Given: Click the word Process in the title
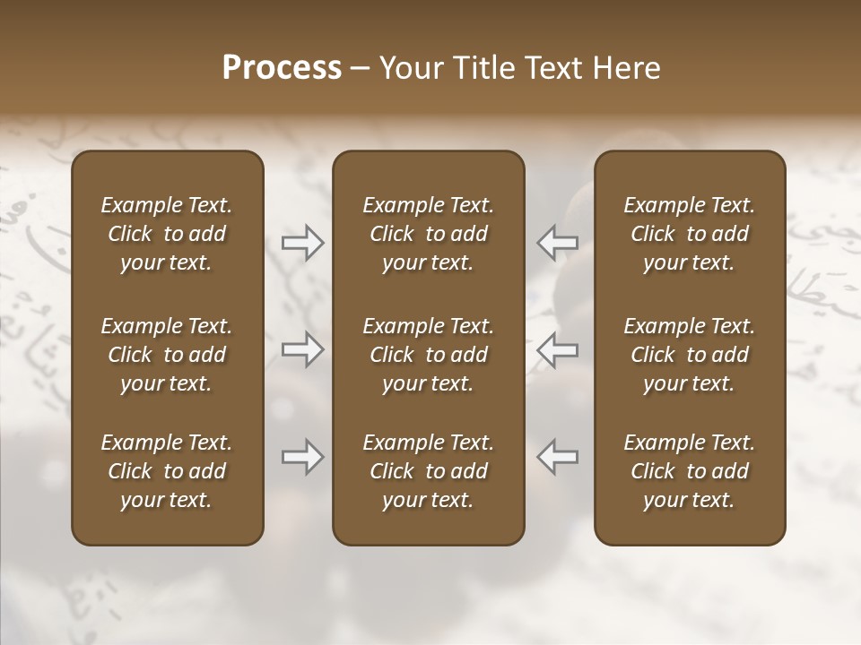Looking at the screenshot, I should pyautogui.click(x=282, y=68).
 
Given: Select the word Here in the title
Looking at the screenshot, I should pyautogui.click(x=628, y=68).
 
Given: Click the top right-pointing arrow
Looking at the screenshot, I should pyautogui.click(x=302, y=242).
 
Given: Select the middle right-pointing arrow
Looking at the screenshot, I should pyautogui.click(x=302, y=349).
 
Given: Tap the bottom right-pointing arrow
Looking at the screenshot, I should pyautogui.click(x=302, y=457).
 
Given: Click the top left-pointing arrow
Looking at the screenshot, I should pyautogui.click(x=557, y=242).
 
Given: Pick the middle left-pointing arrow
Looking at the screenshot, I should pyautogui.click(x=557, y=349).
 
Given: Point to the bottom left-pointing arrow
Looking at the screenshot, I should pyautogui.click(x=557, y=457).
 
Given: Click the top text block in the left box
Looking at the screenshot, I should pyautogui.click(x=167, y=234).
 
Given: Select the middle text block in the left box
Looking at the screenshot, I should pyautogui.click(x=167, y=355).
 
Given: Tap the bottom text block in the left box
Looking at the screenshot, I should pyautogui.click(x=167, y=471).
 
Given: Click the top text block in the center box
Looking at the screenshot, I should pyautogui.click(x=428, y=234).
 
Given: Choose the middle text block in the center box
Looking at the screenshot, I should pyautogui.click(x=428, y=355).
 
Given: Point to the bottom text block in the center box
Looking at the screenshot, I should pyautogui.click(x=428, y=471).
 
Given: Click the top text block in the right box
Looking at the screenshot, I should pyautogui.click(x=690, y=234).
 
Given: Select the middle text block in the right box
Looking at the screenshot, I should pyautogui.click(x=690, y=355).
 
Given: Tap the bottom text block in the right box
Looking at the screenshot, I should pyautogui.click(x=690, y=471).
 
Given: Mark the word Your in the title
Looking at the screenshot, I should pyautogui.click(x=410, y=68).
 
